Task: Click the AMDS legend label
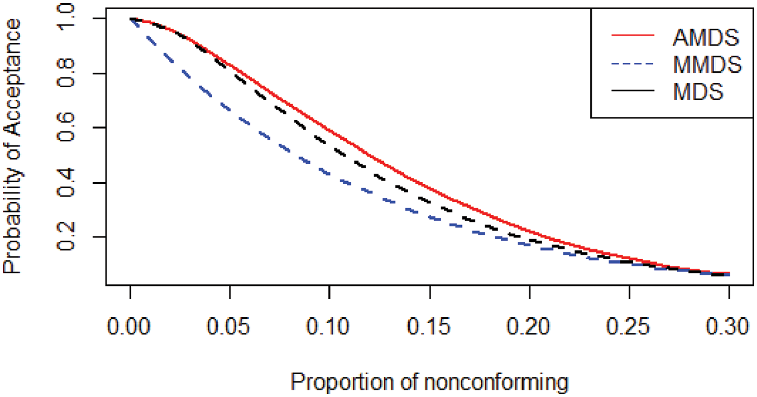pyautogui.click(x=706, y=38)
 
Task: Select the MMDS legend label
pyautogui.click(x=706, y=65)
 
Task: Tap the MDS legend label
pyautogui.click(x=698, y=93)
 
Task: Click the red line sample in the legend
pyautogui.click(x=633, y=37)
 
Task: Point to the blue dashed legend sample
pyautogui.click(x=633, y=65)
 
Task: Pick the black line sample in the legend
pyautogui.click(x=633, y=93)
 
